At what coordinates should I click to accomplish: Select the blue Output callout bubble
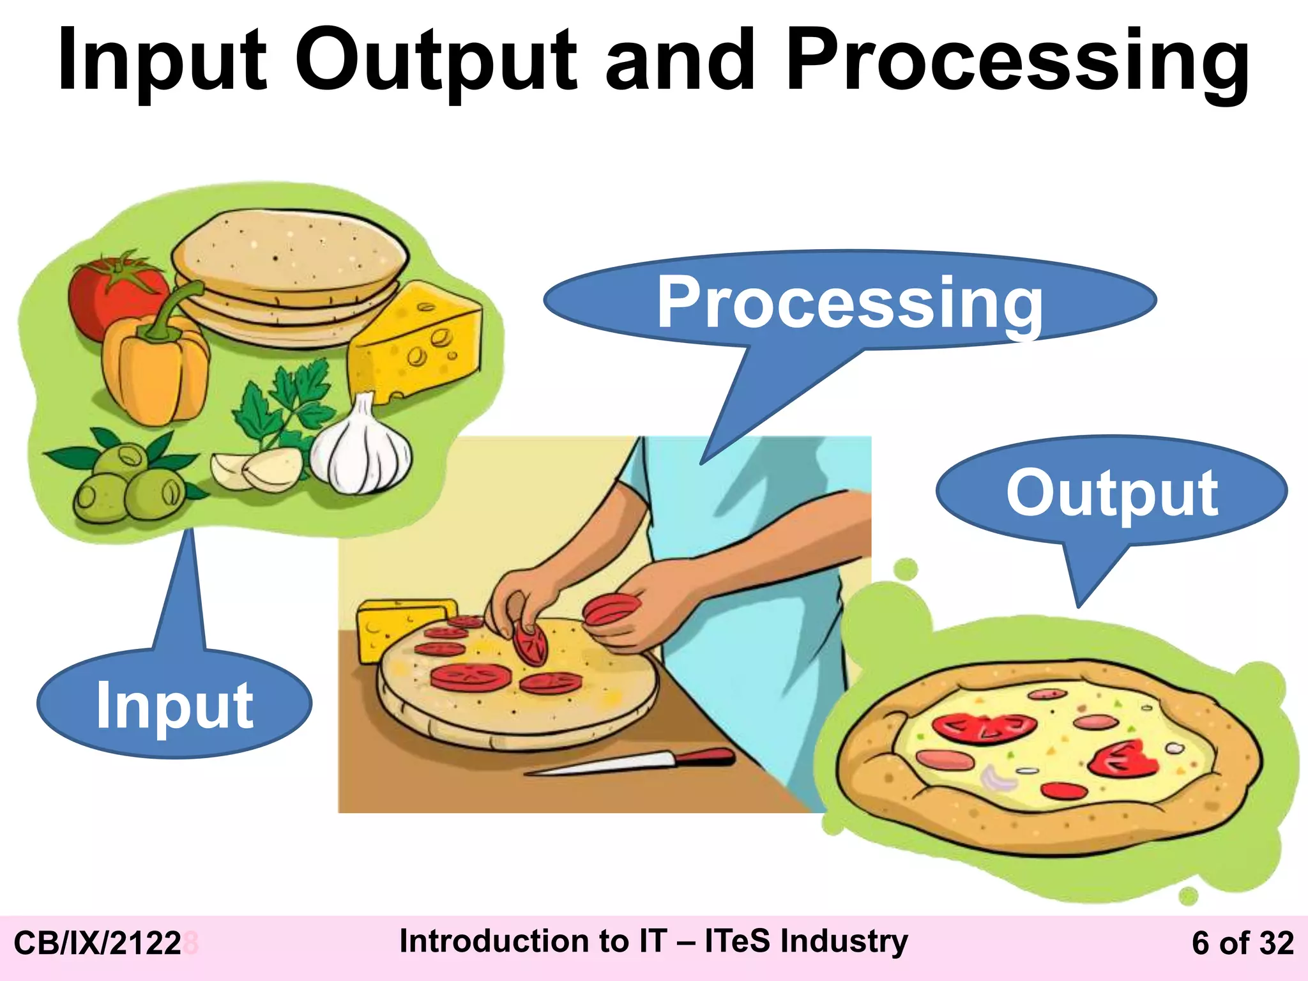(x=1112, y=492)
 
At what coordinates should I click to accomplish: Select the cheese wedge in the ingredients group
(x=415, y=345)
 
